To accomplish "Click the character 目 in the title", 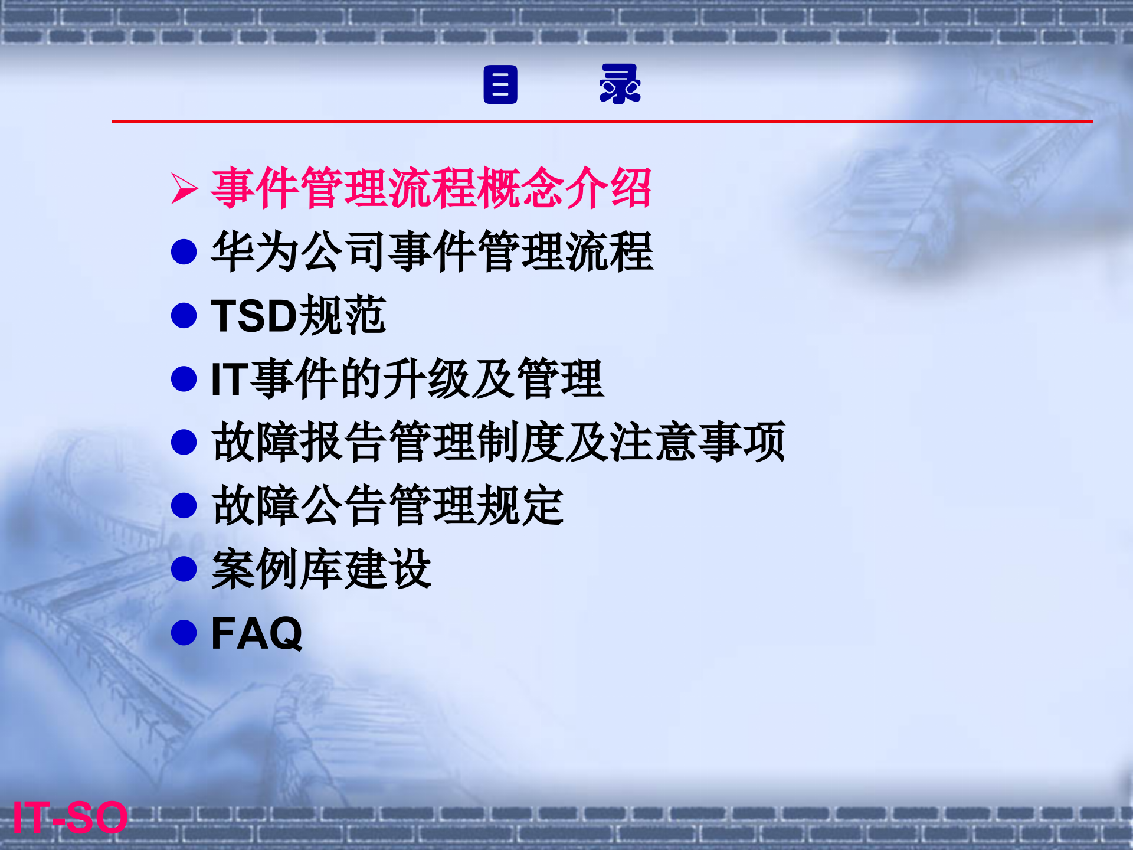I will pos(500,85).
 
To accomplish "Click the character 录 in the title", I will pos(620,84).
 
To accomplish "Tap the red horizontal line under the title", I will pos(602,122).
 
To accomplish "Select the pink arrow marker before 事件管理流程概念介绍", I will pos(184,189).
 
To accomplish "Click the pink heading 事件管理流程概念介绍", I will pos(431,188).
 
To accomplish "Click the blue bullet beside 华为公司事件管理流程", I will pos(184,252).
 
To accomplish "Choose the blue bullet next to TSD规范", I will pos(184,316).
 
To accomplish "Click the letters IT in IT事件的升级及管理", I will pos(229,379).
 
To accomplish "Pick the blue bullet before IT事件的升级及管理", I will pos(184,379).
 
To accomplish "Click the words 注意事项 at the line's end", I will pos(696,442).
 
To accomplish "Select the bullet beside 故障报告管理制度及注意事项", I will pos(184,442).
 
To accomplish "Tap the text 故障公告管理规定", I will pos(387,506).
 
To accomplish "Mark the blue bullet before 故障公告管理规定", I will pos(184,506).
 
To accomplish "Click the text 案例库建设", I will pos(321,569).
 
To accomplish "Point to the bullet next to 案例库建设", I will pos(184,569).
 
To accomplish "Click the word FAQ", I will pos(256,633).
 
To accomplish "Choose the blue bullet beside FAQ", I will pos(184,633).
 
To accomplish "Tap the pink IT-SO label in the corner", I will pos(70,818).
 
